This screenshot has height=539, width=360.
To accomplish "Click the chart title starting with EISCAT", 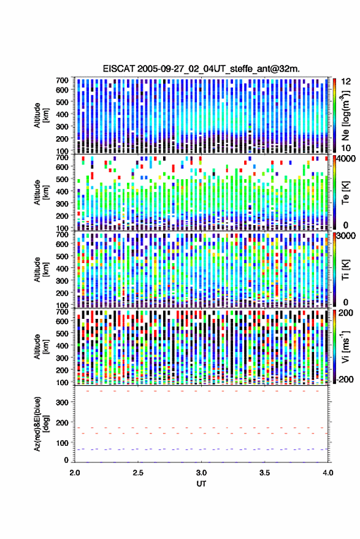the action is pos(201,69).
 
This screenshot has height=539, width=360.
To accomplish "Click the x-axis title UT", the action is pos(201,484).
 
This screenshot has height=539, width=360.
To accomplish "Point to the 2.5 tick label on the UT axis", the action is pos(138,473).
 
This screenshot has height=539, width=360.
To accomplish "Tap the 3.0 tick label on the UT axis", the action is pos(201,473).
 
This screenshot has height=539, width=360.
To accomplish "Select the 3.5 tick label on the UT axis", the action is pos(264,473).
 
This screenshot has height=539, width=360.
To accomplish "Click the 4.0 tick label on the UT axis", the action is pos(327,473).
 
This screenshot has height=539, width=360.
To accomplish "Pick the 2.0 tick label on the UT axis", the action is pos(75,473).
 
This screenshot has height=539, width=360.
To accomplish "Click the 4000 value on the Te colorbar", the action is pos(346,159).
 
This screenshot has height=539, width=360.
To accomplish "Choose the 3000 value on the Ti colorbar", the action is pos(346,236).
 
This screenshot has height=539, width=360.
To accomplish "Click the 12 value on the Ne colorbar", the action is pos(346,82).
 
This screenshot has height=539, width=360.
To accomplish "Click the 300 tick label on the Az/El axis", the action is pos(62,402).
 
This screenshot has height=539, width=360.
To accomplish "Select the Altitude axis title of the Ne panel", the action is pos(41,115).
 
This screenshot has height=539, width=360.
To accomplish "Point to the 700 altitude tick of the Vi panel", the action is pos(62,312).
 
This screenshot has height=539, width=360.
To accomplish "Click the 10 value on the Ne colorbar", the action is pos(346,148).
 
